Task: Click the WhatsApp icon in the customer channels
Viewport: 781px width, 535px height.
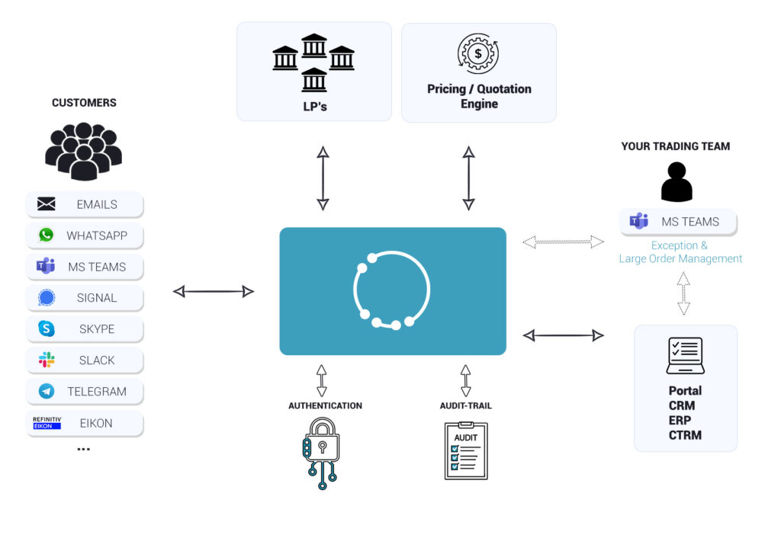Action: coord(47,235)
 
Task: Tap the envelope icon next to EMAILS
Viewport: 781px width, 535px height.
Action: coord(47,204)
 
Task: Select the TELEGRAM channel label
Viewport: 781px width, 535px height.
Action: coord(97,392)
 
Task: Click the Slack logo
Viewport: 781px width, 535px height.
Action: coord(47,360)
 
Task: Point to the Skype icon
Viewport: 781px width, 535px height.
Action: coord(47,329)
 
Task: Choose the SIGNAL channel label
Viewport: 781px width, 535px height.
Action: coord(97,298)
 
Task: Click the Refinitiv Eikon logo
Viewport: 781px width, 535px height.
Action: coord(47,423)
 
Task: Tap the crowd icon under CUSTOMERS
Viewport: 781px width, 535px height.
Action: coord(84,149)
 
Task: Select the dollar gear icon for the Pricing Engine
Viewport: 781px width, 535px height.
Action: coord(478,53)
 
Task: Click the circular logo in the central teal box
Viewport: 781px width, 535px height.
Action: coord(392,290)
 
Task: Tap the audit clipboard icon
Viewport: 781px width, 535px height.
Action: coord(466,450)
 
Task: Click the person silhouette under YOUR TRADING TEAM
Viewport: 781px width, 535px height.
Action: coord(677,182)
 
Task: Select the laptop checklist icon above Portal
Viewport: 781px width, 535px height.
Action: coord(685,356)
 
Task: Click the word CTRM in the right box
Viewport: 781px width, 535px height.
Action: coord(685,435)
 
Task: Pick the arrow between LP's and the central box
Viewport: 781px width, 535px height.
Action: coord(323,178)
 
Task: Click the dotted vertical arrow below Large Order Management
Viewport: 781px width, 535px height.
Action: coord(683,293)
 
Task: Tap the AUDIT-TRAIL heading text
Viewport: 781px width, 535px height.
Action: coord(466,405)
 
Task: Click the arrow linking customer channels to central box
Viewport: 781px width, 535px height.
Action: coord(214,291)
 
